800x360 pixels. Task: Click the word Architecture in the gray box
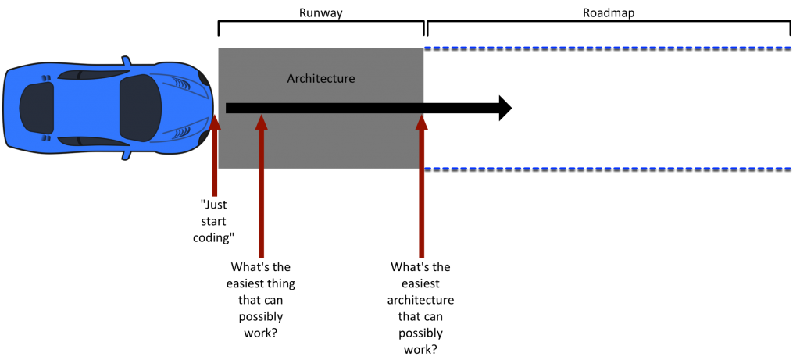[x=320, y=79]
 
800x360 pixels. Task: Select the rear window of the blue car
[x=37, y=108]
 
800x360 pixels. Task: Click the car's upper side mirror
[x=126, y=62]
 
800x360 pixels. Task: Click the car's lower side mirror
[x=126, y=154]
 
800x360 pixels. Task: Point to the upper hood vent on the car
[x=180, y=84]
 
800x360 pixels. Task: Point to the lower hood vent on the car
[x=180, y=132]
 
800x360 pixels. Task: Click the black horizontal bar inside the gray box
[x=324, y=108]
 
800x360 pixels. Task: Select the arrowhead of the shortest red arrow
[x=215, y=122]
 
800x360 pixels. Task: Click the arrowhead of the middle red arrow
[x=261, y=122]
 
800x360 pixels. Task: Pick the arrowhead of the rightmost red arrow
[x=422, y=122]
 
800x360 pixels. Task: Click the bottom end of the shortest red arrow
[x=215, y=194]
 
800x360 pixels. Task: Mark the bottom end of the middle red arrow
[x=261, y=255]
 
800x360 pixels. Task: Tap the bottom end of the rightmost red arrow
[x=422, y=255]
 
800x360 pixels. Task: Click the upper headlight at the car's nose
[x=204, y=78]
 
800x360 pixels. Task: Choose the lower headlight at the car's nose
[x=204, y=138]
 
